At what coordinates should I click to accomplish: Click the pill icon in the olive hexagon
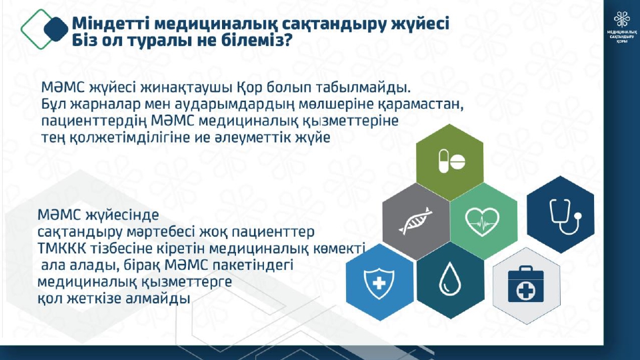click(452, 161)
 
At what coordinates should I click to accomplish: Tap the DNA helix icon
click(415, 221)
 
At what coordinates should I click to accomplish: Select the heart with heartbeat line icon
click(483, 222)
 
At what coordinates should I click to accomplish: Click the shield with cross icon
click(379, 283)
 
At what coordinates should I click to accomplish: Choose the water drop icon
click(450, 279)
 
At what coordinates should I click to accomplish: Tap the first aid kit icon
click(526, 284)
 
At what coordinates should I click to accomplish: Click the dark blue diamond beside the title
click(56, 29)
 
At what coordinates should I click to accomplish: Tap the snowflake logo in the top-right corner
click(621, 20)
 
